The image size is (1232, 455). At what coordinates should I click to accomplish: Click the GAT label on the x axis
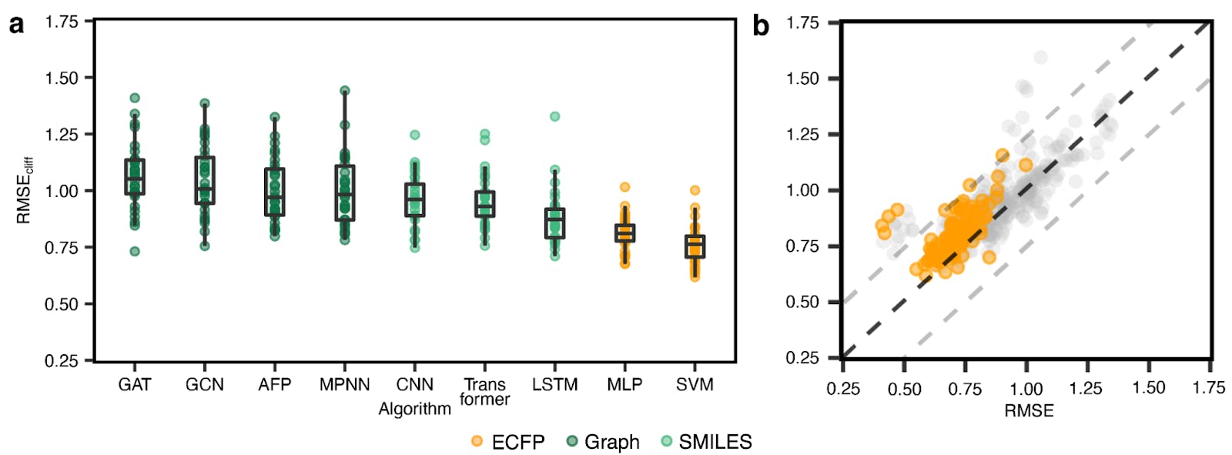coord(135,384)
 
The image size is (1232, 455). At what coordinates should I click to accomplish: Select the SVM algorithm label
coord(695,384)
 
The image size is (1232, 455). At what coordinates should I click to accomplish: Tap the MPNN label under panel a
coord(344,384)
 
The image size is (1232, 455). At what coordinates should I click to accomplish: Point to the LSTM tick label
coord(554,384)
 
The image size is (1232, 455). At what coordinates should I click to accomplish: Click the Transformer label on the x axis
coord(484,391)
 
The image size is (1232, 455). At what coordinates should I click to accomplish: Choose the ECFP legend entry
coord(508,442)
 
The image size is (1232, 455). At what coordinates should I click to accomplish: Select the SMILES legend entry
coord(706,442)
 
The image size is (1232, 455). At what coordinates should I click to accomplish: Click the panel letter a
coord(16,25)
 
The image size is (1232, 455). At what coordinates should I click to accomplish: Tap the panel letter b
coord(761,26)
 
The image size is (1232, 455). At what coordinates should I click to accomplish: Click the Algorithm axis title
coord(414,409)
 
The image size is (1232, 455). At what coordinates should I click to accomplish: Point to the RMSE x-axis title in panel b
coord(1029,410)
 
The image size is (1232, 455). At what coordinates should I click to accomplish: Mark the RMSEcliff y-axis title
coord(24,190)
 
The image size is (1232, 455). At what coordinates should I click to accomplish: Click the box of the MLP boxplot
coord(624,233)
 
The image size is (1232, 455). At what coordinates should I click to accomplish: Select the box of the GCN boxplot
coord(205,180)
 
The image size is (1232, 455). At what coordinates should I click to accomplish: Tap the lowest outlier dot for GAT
coord(135,251)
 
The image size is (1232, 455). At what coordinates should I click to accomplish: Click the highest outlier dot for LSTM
coord(554,116)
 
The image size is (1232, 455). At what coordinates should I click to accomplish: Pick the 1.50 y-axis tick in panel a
coord(62,78)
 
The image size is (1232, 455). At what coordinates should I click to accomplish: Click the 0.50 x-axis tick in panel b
coord(904,389)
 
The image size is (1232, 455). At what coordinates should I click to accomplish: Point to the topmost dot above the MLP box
coord(624,187)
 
